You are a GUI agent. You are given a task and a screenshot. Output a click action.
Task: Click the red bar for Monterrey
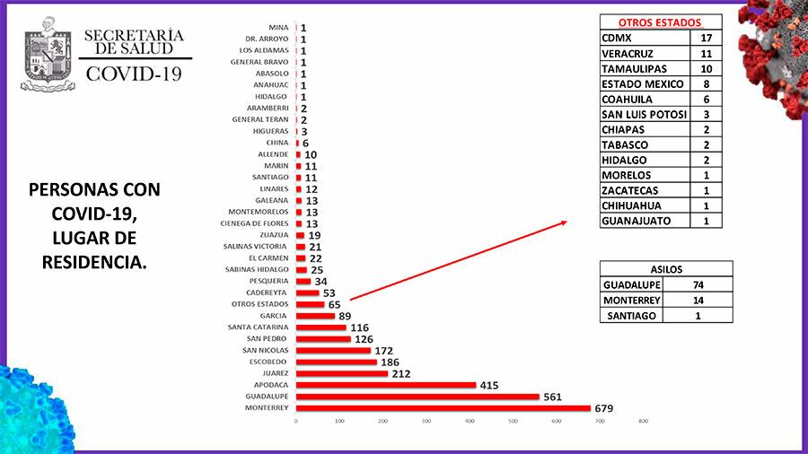click(444, 408)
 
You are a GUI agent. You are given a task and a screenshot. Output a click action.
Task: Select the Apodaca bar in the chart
click(386, 385)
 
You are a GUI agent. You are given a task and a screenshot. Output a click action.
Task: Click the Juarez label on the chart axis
click(276, 373)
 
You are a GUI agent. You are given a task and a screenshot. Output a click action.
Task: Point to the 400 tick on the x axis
click(470, 421)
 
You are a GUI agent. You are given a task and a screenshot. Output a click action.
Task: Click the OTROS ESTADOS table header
click(660, 22)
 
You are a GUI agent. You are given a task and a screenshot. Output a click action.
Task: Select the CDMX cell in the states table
click(644, 38)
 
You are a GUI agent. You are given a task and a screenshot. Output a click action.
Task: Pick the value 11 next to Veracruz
click(706, 53)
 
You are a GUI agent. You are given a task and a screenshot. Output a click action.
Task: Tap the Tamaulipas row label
click(644, 68)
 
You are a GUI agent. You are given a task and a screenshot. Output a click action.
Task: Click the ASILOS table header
click(666, 268)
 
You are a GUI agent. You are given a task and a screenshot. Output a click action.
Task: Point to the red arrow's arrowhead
click(563, 223)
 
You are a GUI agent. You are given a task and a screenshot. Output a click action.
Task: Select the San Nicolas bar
click(333, 350)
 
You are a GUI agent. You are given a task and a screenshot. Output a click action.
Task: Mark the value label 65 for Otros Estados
click(334, 305)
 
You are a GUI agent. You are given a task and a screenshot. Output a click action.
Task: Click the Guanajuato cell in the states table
click(644, 221)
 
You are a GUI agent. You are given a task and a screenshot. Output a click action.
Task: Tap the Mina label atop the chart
click(278, 28)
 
